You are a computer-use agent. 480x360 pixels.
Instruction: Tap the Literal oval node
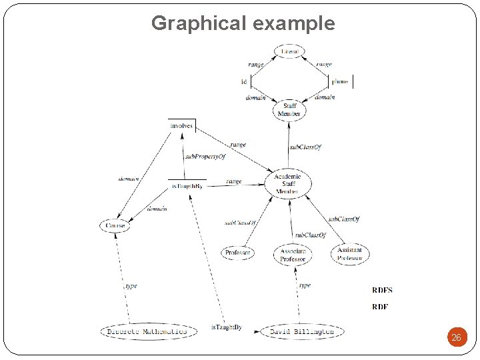[x=290, y=51]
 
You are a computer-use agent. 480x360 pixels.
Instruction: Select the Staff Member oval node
[x=290, y=109]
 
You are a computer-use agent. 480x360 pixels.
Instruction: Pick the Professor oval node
[x=238, y=253]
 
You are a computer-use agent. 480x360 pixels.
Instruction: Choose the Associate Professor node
[x=292, y=255]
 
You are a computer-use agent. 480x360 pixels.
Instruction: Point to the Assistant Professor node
[x=349, y=254]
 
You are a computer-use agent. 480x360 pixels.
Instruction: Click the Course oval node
[x=114, y=226]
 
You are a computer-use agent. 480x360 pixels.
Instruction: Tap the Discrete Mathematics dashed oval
[x=148, y=331]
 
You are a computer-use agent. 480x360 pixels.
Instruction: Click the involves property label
[x=181, y=125]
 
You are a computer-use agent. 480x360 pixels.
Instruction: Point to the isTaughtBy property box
[x=187, y=185]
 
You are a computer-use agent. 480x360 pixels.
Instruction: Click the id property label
[x=244, y=82]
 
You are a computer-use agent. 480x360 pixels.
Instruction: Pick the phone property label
[x=340, y=82]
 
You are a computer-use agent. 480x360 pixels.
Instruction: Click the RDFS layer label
[x=382, y=290]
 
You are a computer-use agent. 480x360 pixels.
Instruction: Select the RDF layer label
[x=379, y=307]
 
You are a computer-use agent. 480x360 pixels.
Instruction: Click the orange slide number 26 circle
[x=456, y=337]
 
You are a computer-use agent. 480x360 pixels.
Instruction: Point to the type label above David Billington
[x=305, y=285]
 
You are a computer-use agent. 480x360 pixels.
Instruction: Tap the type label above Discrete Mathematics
[x=131, y=286]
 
